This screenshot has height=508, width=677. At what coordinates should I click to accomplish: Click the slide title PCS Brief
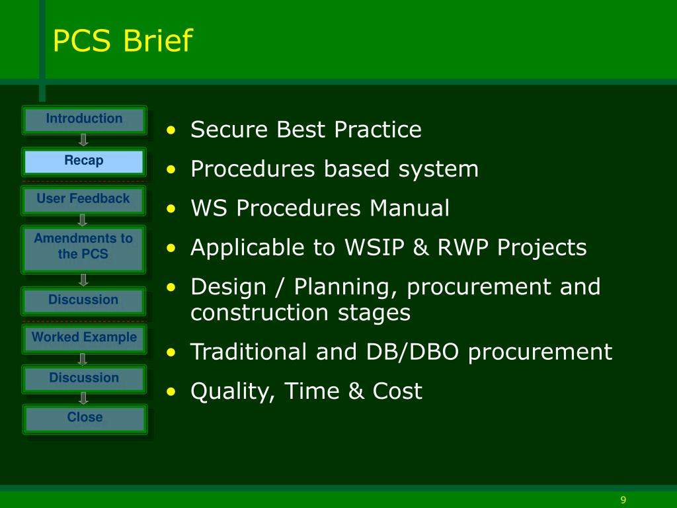click(122, 40)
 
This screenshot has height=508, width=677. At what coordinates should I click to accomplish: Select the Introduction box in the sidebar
click(84, 120)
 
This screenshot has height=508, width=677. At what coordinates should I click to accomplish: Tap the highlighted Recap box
click(84, 161)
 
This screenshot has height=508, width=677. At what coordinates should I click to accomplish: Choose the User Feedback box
click(83, 200)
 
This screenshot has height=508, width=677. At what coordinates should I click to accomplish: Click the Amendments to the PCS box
click(83, 249)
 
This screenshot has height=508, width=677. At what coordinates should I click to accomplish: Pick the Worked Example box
click(84, 339)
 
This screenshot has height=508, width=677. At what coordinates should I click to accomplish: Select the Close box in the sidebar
click(85, 419)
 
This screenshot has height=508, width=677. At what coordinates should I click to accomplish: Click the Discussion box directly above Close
click(84, 379)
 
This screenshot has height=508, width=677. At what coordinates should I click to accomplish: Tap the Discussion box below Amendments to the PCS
click(83, 301)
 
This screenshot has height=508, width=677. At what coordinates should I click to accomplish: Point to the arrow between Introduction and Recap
click(83, 140)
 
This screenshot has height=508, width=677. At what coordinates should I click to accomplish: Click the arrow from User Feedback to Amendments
click(83, 220)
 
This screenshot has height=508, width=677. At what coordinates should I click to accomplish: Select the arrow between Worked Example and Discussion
click(83, 359)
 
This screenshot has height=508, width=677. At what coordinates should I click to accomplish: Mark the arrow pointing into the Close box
click(83, 398)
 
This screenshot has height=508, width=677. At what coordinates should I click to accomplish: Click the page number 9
click(623, 500)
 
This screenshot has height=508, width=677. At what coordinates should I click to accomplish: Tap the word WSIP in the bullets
click(374, 247)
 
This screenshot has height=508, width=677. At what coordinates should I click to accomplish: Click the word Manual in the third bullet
click(409, 208)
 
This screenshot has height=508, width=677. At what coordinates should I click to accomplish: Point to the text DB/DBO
click(413, 352)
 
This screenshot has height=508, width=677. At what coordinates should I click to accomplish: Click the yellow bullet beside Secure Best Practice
click(171, 130)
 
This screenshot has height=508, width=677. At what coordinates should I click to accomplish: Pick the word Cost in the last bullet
click(397, 391)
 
